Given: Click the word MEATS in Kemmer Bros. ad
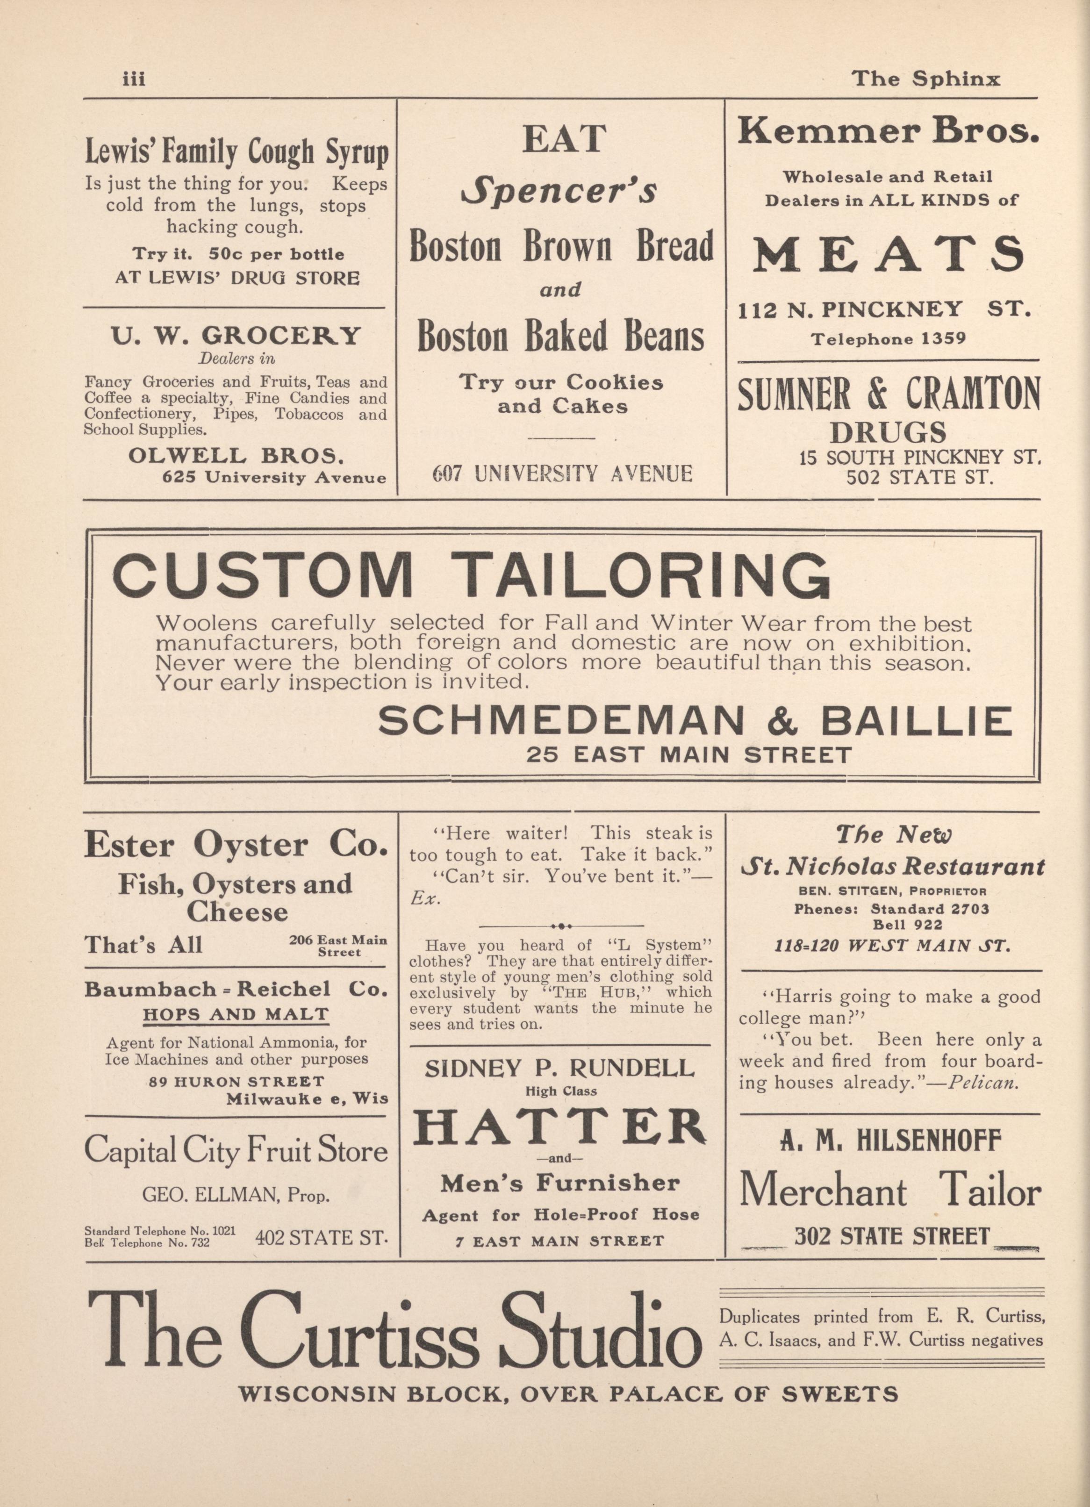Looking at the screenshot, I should [x=888, y=254].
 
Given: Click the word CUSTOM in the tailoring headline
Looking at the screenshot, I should [x=263, y=575].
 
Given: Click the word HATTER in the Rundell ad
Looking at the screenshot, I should [x=559, y=1129].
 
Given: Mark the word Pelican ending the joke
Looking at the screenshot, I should [x=982, y=1083].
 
